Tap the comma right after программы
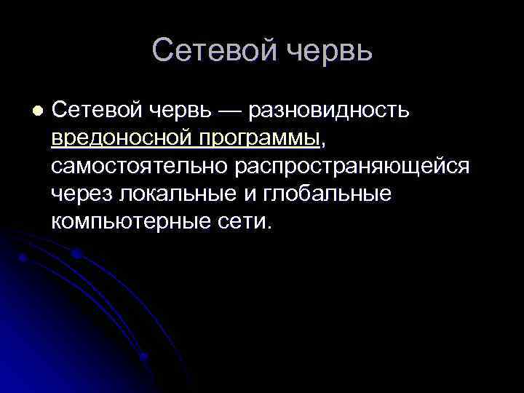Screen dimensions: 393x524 (x=323, y=141)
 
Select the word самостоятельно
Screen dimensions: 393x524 (x=140, y=166)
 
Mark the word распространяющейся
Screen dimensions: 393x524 (x=352, y=166)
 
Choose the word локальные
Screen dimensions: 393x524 (x=168, y=194)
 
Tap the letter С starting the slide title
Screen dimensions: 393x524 (x=164, y=50)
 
